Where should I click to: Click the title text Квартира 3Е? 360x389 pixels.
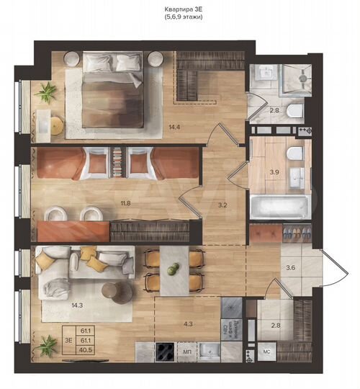[x=179, y=9]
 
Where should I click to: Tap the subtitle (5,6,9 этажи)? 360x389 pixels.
[x=179, y=17]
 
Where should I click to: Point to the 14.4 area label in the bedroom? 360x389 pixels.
[x=174, y=127]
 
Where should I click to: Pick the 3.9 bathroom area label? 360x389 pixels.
[x=274, y=172]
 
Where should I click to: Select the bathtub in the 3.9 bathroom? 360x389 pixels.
[x=282, y=206]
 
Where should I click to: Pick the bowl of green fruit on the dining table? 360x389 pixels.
[x=173, y=269]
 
